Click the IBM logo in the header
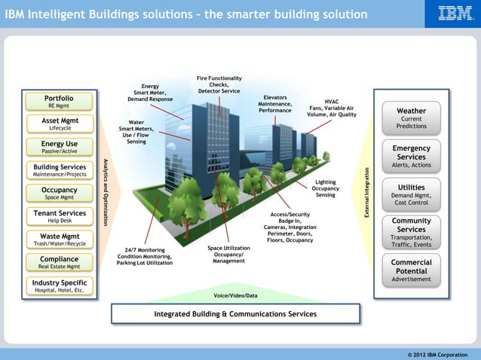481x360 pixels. pyautogui.click(x=455, y=14)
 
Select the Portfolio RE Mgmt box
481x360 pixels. pyautogui.click(x=59, y=102)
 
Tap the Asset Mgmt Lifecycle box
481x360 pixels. pyautogui.click(x=59, y=124)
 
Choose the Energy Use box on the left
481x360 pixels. pyautogui.click(x=59, y=147)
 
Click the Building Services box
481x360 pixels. pyautogui.click(x=59, y=170)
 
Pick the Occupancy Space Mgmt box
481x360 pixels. pyautogui.click(x=59, y=194)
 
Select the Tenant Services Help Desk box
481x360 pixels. pyautogui.click(x=59, y=217)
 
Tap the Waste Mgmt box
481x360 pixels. pyautogui.click(x=59, y=239)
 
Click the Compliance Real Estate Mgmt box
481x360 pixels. pyautogui.click(x=59, y=262)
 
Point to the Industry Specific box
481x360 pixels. pyautogui.click(x=59, y=285)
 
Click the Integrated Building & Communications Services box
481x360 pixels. pyautogui.click(x=235, y=313)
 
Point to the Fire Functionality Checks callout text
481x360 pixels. pyautogui.click(x=219, y=85)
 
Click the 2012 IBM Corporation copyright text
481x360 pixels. pyautogui.click(x=437, y=354)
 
